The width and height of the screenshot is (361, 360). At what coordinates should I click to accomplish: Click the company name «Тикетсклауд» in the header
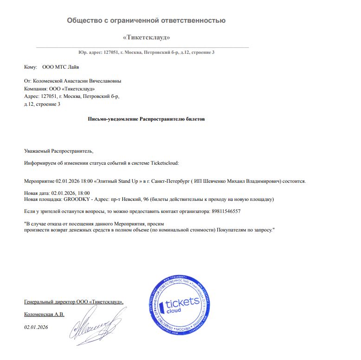click(x=146, y=37)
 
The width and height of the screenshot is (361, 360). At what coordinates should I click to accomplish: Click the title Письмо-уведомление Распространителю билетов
click(x=146, y=119)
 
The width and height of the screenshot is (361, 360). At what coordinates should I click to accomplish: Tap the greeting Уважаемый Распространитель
click(x=58, y=151)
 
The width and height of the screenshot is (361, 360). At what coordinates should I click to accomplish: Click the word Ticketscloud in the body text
click(x=166, y=163)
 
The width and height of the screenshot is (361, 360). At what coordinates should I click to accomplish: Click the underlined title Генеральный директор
click(x=50, y=302)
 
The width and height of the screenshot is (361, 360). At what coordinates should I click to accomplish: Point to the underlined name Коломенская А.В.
click(x=44, y=315)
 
